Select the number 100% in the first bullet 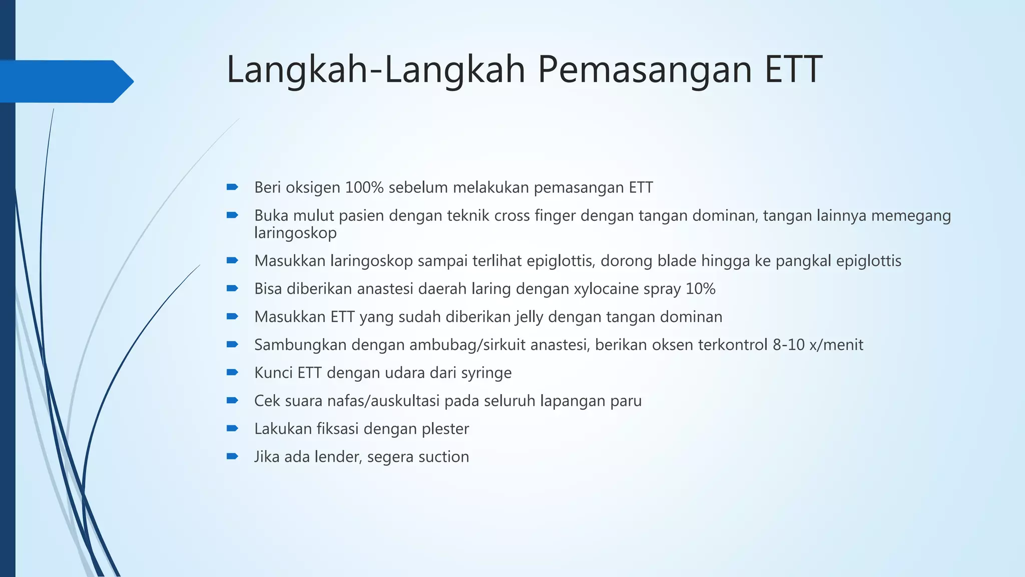point(364,188)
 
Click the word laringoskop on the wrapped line point(295,233)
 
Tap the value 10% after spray point(700,289)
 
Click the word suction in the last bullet point(443,457)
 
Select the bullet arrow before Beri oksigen point(232,187)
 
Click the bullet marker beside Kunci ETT point(232,372)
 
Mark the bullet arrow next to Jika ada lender point(232,456)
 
